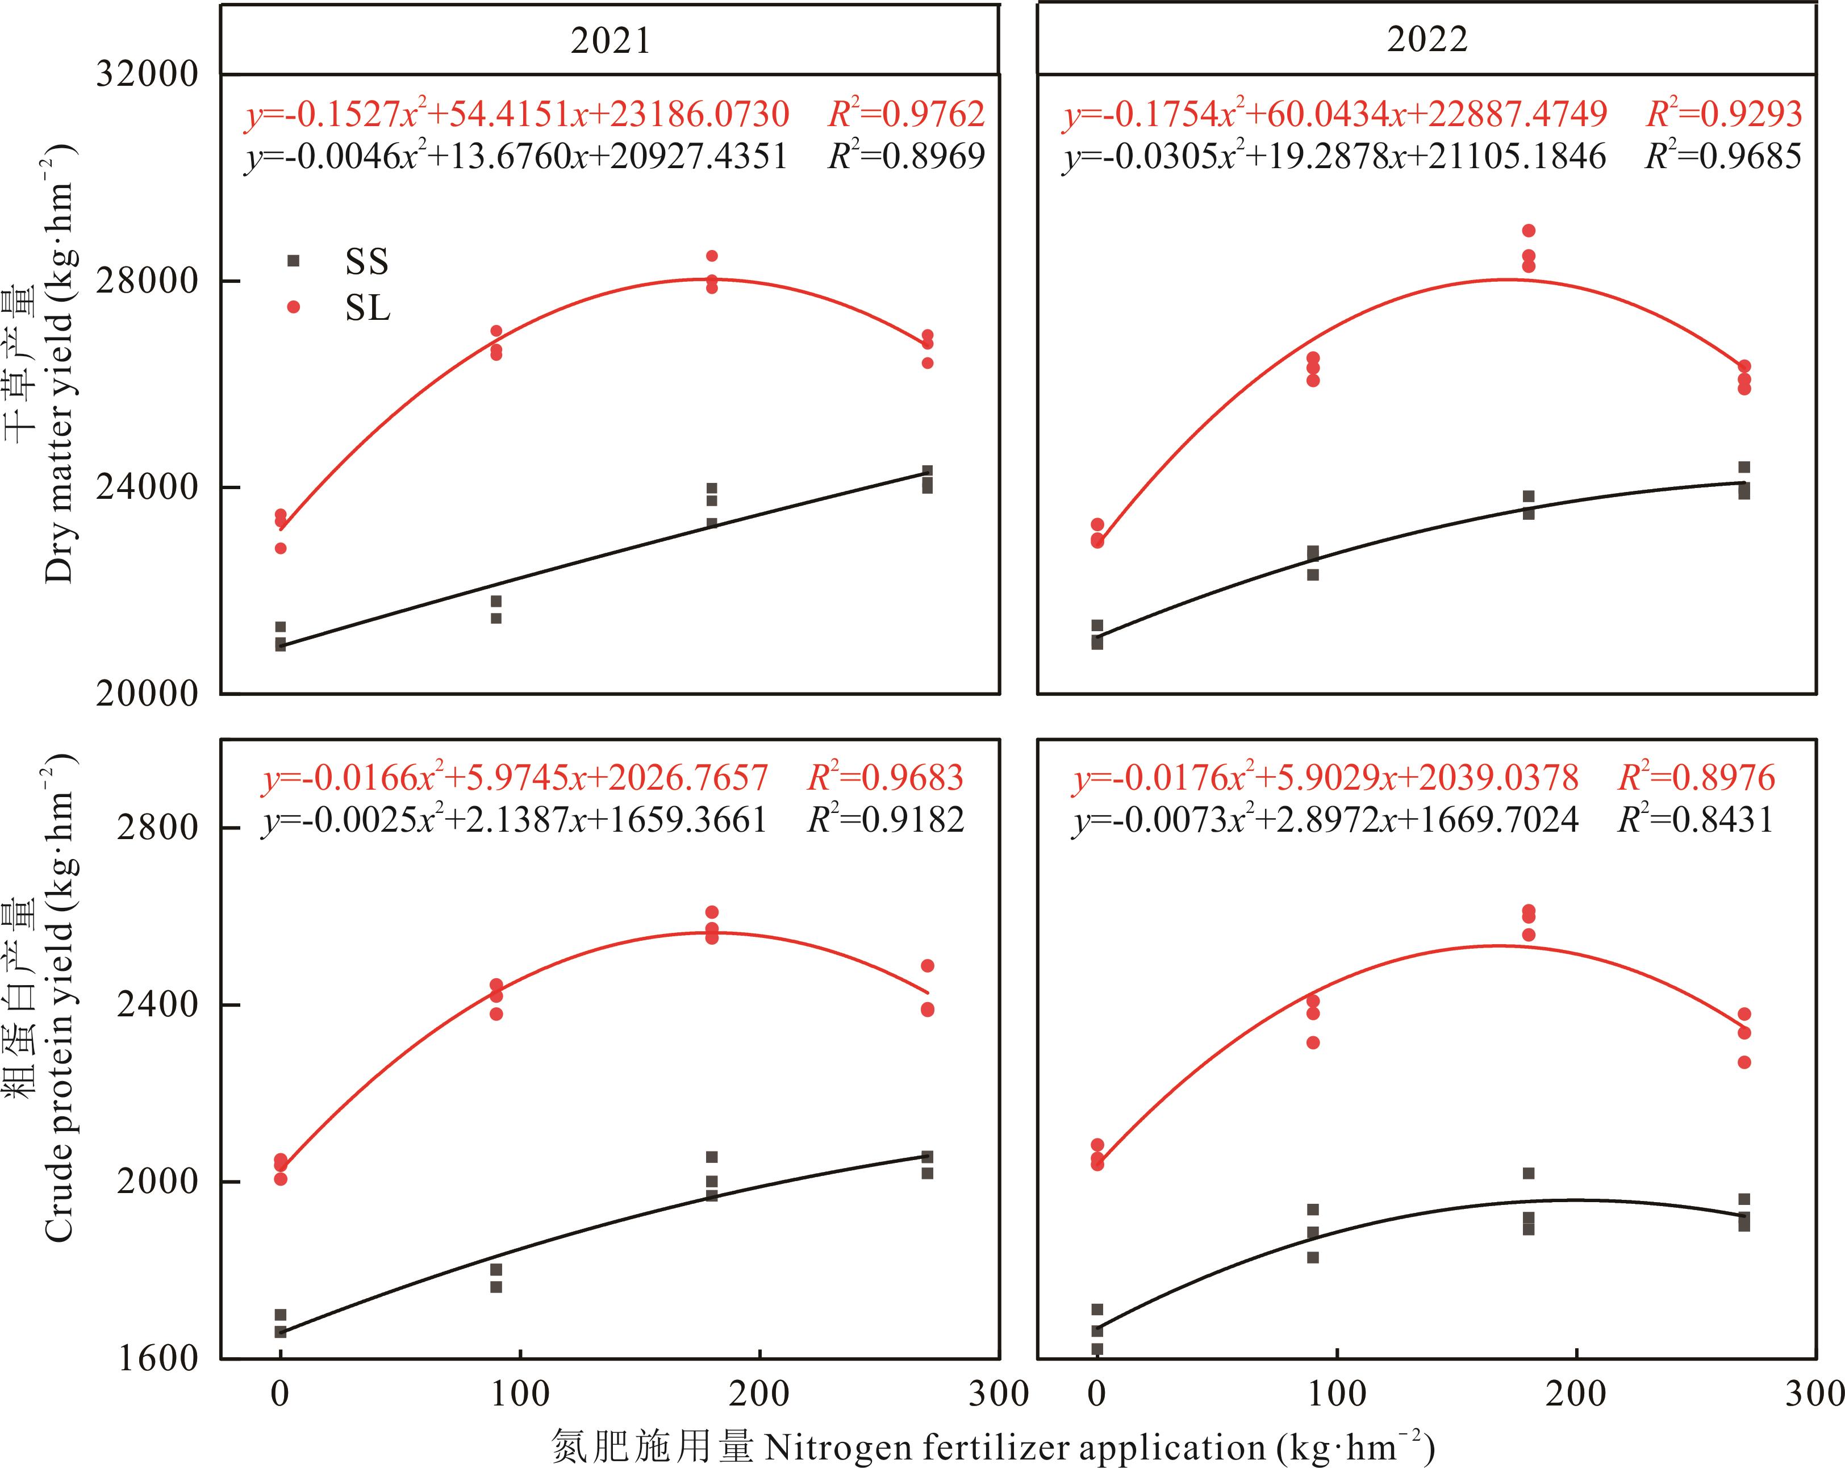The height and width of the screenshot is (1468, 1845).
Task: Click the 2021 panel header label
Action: (x=610, y=41)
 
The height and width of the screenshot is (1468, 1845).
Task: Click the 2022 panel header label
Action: (x=1426, y=39)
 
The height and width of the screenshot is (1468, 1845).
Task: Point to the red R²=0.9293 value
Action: (x=1723, y=114)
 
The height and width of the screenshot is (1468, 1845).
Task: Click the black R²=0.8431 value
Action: (x=1695, y=820)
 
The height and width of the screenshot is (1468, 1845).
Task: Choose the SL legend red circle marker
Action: (x=294, y=306)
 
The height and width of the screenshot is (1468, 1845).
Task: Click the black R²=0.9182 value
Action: (x=886, y=820)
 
